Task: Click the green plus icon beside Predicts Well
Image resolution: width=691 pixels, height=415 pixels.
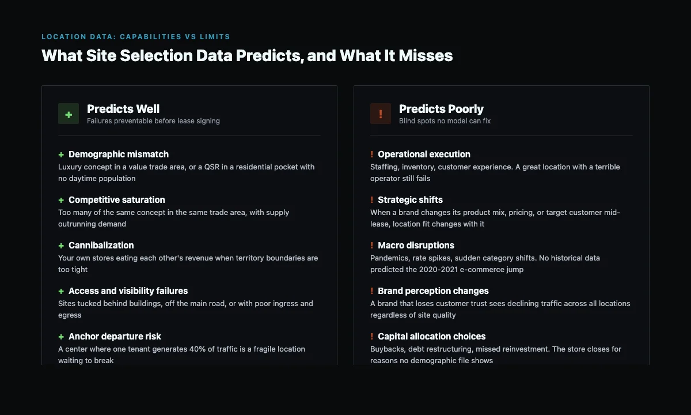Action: tap(69, 114)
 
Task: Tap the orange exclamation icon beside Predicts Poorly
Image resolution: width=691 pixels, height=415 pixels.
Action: tap(381, 114)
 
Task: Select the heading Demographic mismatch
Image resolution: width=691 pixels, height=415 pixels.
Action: tap(119, 154)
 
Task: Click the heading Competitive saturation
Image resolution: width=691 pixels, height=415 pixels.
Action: tap(116, 200)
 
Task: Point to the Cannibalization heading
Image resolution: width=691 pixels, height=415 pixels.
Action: tap(101, 246)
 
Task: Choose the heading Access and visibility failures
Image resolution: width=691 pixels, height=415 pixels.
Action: tap(128, 291)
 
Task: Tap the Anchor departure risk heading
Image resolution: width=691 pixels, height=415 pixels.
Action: tap(115, 337)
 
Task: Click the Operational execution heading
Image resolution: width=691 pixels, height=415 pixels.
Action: tap(424, 154)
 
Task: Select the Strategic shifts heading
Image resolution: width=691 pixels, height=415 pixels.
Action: tap(410, 200)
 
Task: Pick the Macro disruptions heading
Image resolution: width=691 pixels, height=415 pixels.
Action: tap(416, 246)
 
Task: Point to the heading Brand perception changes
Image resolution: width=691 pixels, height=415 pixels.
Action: tap(433, 291)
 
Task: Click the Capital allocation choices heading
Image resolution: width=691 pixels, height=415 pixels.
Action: tap(431, 337)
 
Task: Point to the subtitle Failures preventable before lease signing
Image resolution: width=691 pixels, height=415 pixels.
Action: tap(153, 121)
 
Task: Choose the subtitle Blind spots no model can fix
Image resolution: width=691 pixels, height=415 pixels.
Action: tap(445, 121)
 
